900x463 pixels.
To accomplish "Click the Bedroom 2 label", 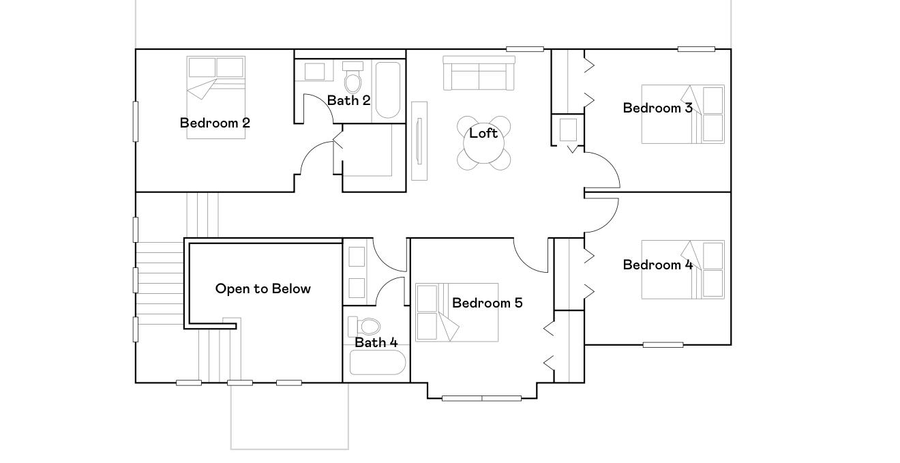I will [x=215, y=123].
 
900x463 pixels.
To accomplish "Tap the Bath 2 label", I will [x=348, y=100].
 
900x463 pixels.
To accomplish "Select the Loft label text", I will [x=483, y=133].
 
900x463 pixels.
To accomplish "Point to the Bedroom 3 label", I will [x=657, y=108].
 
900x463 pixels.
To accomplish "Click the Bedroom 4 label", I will [x=657, y=265].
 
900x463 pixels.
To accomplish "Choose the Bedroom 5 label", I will [x=487, y=303].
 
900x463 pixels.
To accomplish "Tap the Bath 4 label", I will [x=376, y=342].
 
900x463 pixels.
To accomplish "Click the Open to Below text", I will [x=262, y=288].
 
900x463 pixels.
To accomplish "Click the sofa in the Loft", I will [x=479, y=73].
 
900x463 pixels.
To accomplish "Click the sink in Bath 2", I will [x=314, y=72].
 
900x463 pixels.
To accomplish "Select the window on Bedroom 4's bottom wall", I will [x=663, y=345].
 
